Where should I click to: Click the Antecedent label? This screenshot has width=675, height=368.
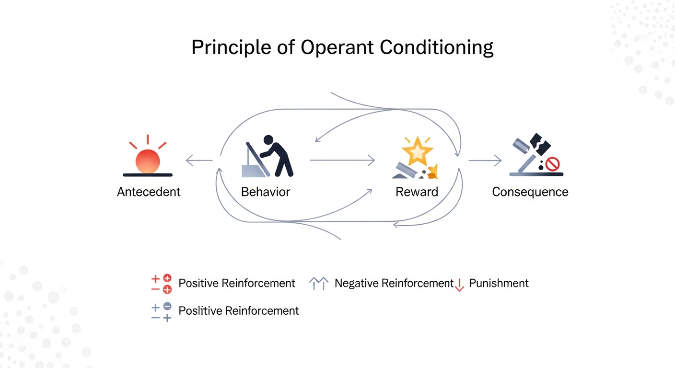[149, 192]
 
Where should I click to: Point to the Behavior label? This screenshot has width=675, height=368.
[266, 192]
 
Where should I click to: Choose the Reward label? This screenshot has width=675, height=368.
[417, 192]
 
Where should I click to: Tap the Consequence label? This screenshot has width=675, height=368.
[530, 192]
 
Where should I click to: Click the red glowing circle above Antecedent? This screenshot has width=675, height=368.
[148, 161]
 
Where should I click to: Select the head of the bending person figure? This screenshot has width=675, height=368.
[268, 140]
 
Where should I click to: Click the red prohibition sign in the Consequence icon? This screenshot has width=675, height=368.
[553, 164]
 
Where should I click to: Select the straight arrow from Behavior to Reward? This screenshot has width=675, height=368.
[342, 161]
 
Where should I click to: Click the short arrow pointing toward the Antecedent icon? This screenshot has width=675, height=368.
[198, 161]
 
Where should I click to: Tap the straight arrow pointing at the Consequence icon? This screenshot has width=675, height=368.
[485, 161]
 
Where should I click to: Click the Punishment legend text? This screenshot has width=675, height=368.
[499, 283]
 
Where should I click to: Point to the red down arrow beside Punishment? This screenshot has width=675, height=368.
[459, 285]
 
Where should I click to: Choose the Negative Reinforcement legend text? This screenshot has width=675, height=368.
[394, 283]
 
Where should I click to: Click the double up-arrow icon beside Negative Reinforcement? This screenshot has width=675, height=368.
[319, 284]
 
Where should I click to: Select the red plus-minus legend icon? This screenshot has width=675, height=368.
[161, 284]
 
